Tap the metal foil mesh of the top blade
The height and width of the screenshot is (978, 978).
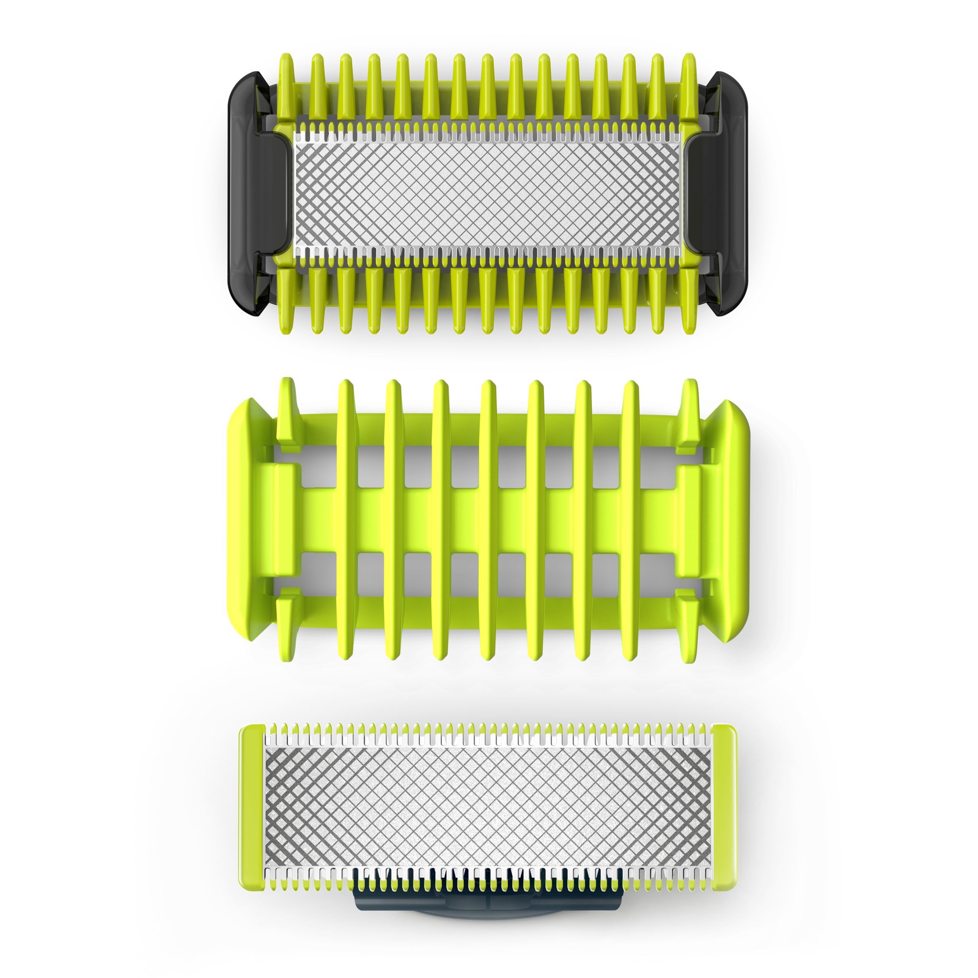click(489, 195)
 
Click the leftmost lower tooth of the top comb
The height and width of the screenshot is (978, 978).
click(286, 299)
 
